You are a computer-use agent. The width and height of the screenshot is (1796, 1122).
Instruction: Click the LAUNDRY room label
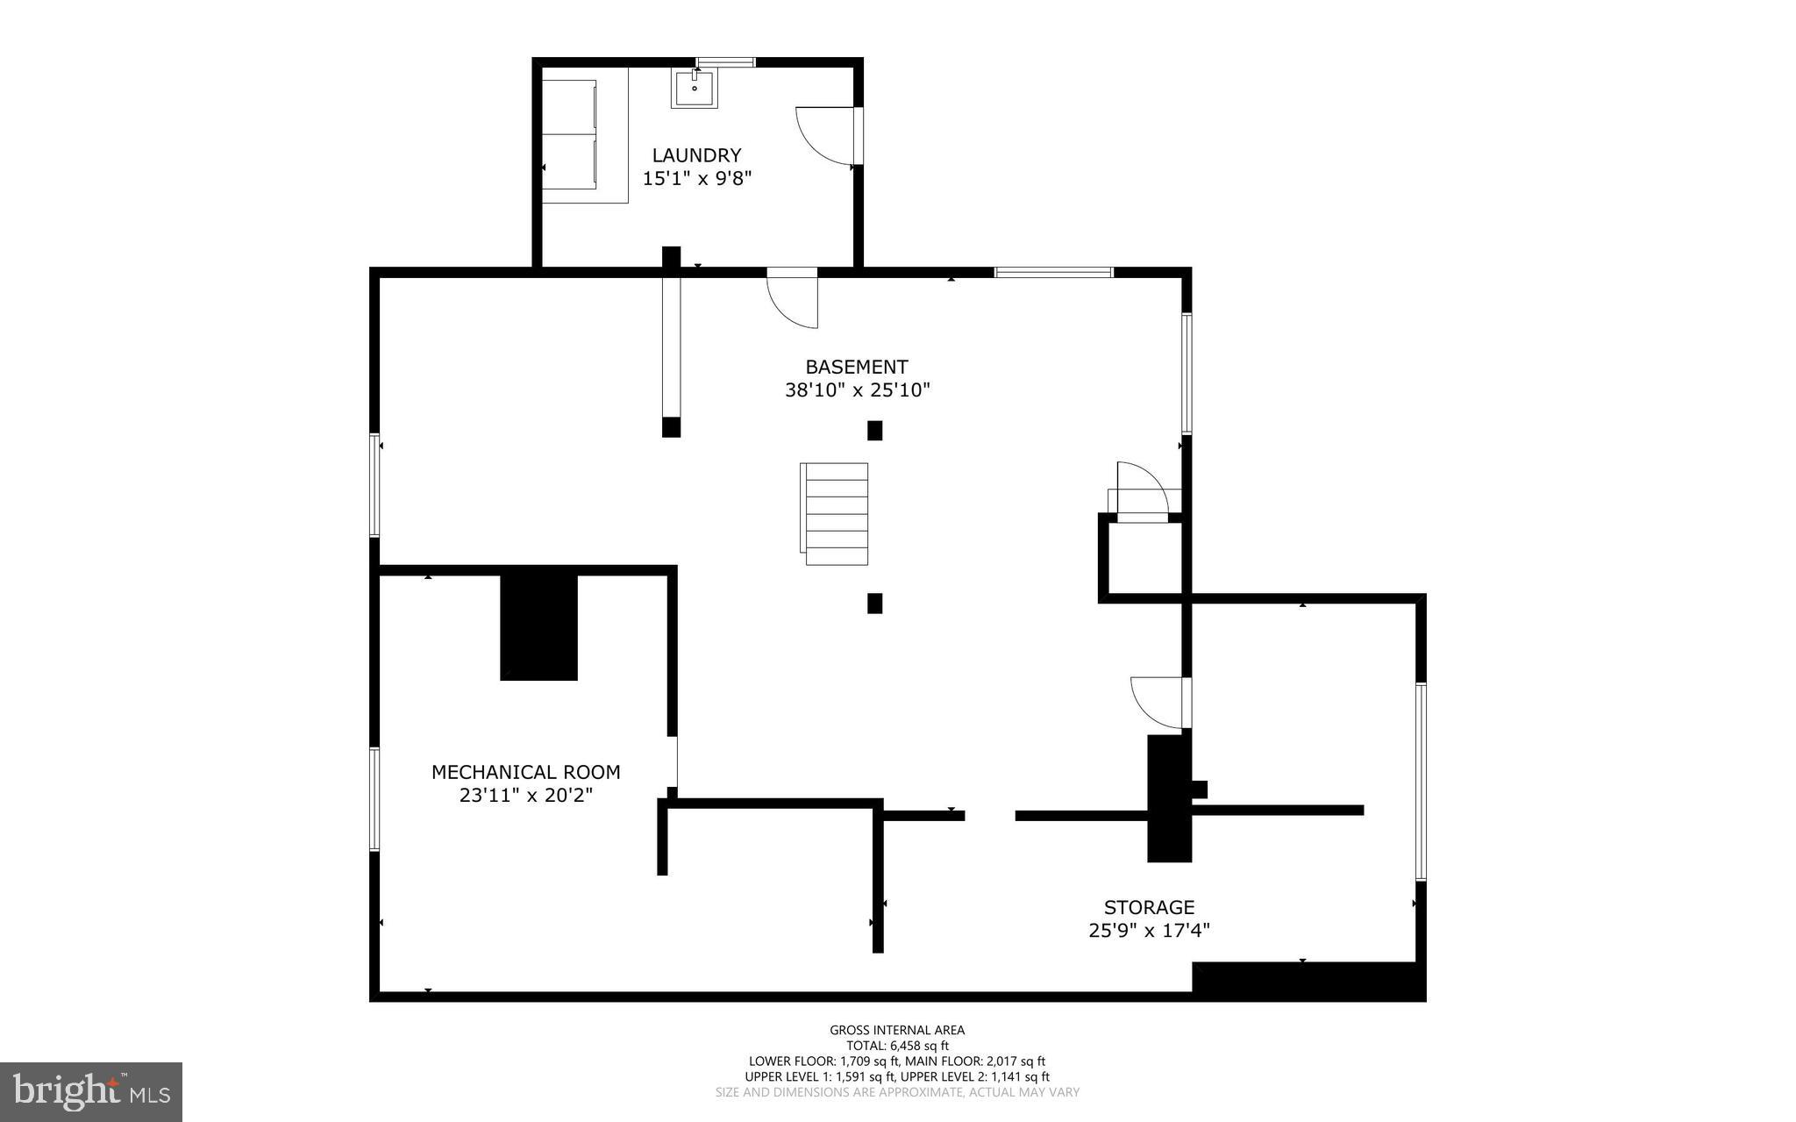(x=696, y=155)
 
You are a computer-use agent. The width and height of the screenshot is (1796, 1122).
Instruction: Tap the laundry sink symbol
(x=694, y=89)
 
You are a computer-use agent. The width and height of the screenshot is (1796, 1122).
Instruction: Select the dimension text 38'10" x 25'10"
(x=857, y=390)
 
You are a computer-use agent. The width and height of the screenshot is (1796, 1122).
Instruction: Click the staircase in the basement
(x=836, y=514)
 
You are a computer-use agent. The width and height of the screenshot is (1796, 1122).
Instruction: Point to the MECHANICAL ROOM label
(x=525, y=772)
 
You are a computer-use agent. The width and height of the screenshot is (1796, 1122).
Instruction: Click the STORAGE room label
(x=1149, y=907)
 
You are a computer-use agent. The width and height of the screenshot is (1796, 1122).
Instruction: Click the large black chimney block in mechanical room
(x=538, y=626)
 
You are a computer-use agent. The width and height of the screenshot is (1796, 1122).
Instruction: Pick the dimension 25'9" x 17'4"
(x=1149, y=930)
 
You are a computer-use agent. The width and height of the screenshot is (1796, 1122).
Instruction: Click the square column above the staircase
(x=874, y=430)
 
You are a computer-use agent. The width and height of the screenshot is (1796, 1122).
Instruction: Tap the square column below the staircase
(x=874, y=604)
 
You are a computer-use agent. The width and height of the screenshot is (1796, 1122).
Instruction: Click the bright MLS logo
(x=91, y=1091)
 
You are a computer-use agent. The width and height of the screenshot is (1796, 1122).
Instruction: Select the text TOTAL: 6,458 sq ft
(x=897, y=1046)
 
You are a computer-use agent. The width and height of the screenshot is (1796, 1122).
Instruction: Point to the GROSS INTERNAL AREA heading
(x=897, y=1030)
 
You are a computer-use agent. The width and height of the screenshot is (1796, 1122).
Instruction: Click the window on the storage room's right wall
(x=1421, y=781)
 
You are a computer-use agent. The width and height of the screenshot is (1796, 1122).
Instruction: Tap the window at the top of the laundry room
(x=725, y=61)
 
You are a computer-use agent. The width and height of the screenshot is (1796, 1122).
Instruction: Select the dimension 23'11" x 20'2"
(x=525, y=796)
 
